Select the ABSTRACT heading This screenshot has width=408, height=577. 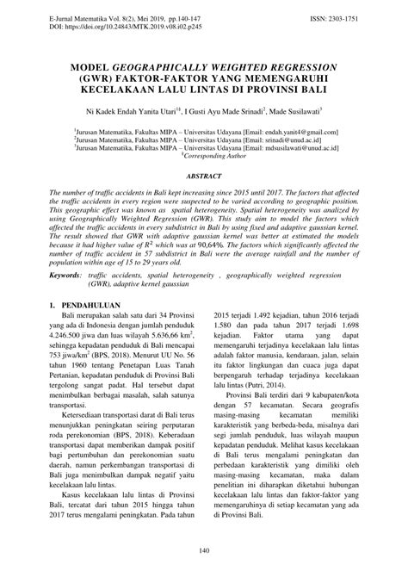click(204, 175)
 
